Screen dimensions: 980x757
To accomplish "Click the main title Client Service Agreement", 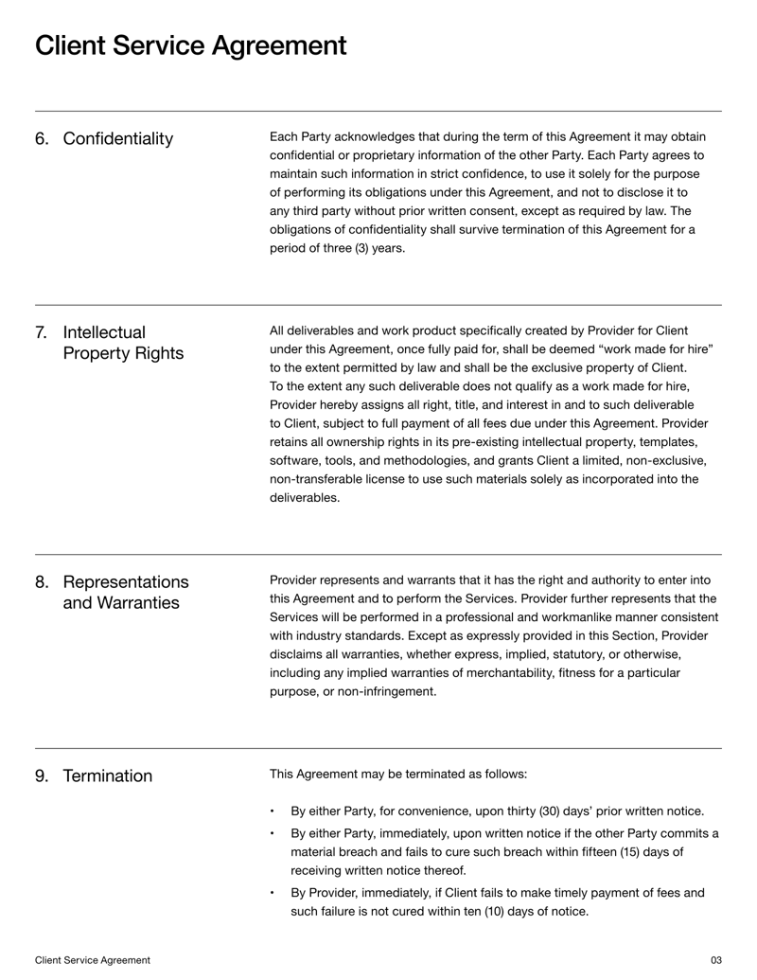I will pyautogui.click(x=190, y=45).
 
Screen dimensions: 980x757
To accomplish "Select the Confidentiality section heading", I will pyautogui.click(x=118, y=139).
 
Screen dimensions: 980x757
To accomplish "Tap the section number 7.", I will pyautogui.click(x=41, y=332).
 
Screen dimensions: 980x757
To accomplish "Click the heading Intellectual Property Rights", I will pyautogui.click(x=123, y=343).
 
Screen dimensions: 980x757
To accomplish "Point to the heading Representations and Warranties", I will pyautogui.click(x=125, y=592).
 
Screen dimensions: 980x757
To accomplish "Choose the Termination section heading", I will pyautogui.click(x=107, y=776).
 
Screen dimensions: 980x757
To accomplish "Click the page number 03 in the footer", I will pyautogui.click(x=715, y=960).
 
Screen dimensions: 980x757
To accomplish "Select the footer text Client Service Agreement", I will pyautogui.click(x=92, y=960).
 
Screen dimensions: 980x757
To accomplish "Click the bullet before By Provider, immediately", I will pyautogui.click(x=273, y=893).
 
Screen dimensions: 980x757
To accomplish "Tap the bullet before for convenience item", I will pyautogui.click(x=273, y=812).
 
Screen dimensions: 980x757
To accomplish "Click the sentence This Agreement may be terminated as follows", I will pyautogui.click(x=397, y=774).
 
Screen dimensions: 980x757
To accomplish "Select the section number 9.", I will pyautogui.click(x=41, y=776).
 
